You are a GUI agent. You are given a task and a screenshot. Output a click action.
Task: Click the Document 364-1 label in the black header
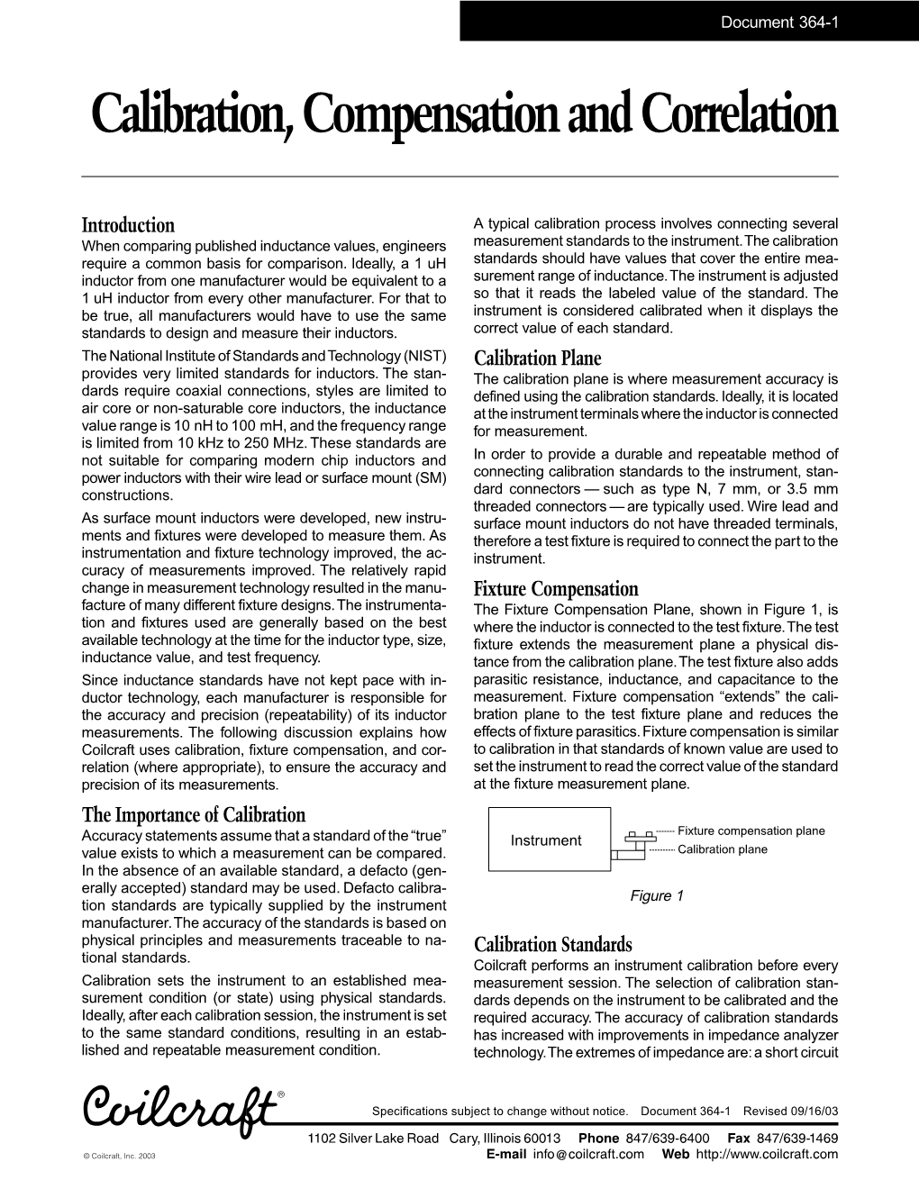(779, 19)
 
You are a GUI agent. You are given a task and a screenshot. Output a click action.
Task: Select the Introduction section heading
(128, 225)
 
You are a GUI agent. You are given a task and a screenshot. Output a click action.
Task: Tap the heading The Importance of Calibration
(194, 815)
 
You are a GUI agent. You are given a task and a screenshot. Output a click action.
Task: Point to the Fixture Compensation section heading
(555, 589)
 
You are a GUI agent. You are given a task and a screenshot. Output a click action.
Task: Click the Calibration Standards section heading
(552, 945)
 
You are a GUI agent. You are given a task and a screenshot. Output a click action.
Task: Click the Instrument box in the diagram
(546, 840)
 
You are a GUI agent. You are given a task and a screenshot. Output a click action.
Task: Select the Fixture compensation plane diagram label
(751, 830)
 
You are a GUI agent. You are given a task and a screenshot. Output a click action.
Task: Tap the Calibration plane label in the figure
(722, 849)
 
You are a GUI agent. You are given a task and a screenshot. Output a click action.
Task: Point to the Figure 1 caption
(657, 895)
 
